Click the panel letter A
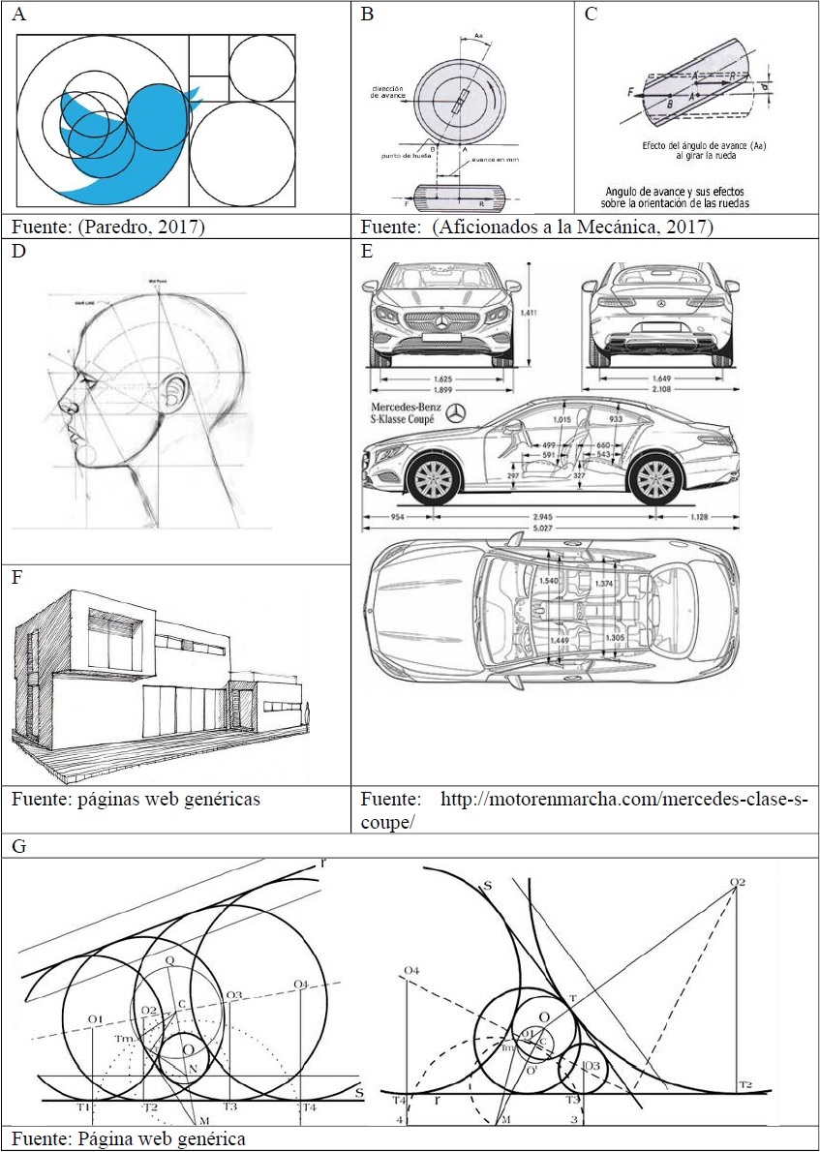coord(19,15)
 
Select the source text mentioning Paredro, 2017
coord(108,227)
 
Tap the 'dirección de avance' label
coord(384,92)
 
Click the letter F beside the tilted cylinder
coord(629,93)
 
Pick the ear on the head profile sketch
coord(175,396)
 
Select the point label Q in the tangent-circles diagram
coord(169,963)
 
